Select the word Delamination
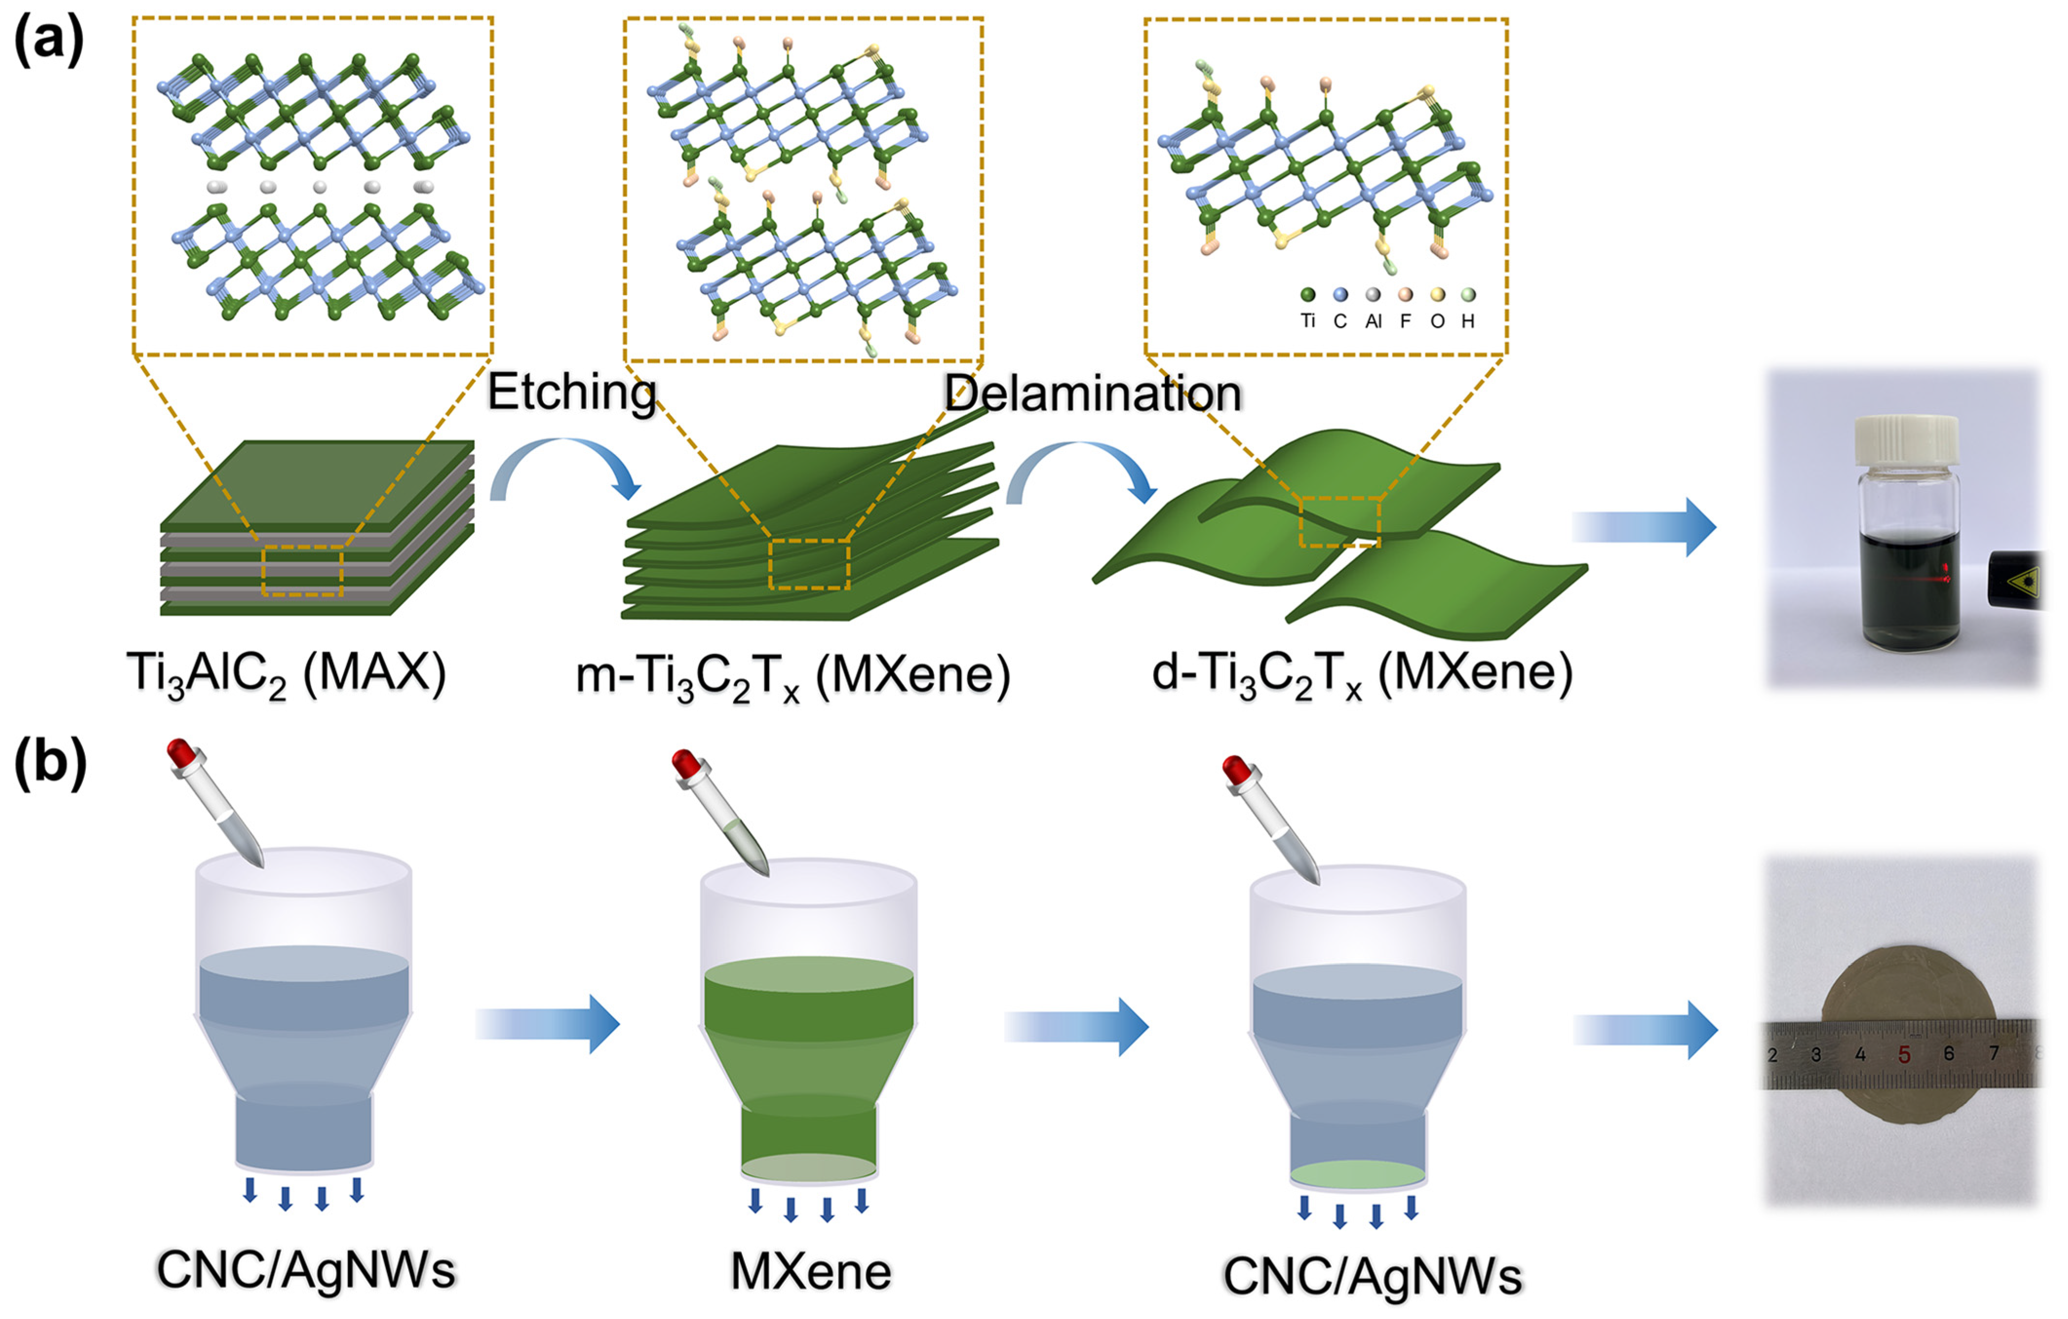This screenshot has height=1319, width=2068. [1092, 394]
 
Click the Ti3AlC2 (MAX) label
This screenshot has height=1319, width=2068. [286, 674]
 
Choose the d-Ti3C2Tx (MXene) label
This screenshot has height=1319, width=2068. [1362, 674]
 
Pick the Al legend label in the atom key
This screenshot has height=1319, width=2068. [1373, 321]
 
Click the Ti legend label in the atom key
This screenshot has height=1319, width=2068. [1308, 321]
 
